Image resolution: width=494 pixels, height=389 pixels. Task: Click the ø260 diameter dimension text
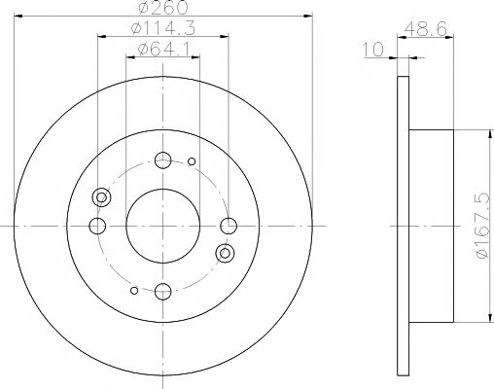coord(163,7)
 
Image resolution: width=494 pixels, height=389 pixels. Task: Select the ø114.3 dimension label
coord(163,28)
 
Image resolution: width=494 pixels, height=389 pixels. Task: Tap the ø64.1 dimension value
coord(163,50)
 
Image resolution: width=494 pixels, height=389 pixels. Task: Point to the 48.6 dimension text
coord(426,29)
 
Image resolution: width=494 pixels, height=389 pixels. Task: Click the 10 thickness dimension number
coord(372,50)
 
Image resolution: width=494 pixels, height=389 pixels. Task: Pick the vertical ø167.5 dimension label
coord(482,226)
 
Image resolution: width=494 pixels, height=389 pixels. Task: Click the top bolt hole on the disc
coord(163,159)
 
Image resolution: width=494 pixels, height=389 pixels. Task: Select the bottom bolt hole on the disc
coord(163,292)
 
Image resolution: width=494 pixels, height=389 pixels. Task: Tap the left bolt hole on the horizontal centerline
coord(97,226)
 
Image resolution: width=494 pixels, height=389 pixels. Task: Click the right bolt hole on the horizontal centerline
coord(229,226)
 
